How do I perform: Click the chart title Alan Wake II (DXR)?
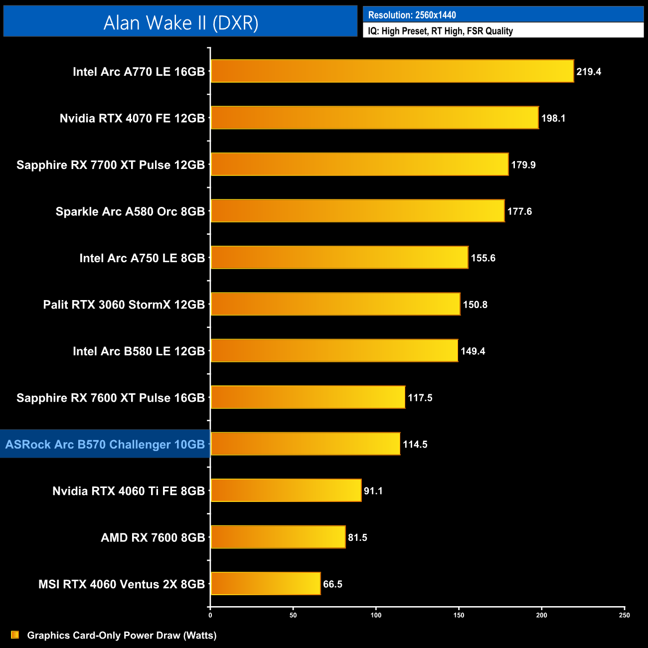(x=180, y=23)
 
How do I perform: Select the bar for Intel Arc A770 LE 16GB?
(x=392, y=71)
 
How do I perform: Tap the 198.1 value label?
(x=553, y=118)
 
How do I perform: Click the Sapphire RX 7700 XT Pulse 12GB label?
(x=111, y=165)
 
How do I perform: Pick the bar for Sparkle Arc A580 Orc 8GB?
(x=357, y=211)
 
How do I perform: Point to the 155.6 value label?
(x=483, y=258)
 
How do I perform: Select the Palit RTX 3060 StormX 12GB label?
(x=124, y=305)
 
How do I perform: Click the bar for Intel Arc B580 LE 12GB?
(x=334, y=350)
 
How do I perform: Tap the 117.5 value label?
(x=420, y=398)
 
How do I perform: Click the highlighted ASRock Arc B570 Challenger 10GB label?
(x=105, y=444)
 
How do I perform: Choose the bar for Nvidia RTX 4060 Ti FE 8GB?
(x=286, y=490)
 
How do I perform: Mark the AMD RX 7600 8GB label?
(x=153, y=537)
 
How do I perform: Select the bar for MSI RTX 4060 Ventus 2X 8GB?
(x=266, y=584)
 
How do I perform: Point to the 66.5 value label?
(x=332, y=584)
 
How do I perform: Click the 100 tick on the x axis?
(x=376, y=615)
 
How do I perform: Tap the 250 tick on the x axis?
(x=624, y=615)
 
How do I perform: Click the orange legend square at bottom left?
(x=15, y=635)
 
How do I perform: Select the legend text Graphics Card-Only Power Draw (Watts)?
(x=122, y=635)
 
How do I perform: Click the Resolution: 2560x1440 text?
(x=412, y=15)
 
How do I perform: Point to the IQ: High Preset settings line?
(x=440, y=31)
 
